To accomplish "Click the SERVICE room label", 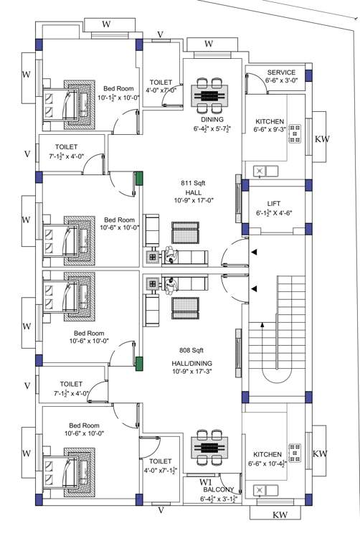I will [x=281, y=72].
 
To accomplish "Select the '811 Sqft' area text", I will [x=193, y=184].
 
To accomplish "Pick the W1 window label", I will [x=206, y=481].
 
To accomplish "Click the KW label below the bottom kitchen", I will [x=280, y=515].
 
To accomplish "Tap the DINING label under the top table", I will [x=212, y=119].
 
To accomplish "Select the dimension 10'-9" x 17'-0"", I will [x=193, y=200].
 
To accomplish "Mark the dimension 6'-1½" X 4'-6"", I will [x=274, y=213].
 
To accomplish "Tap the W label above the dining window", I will [x=209, y=44].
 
